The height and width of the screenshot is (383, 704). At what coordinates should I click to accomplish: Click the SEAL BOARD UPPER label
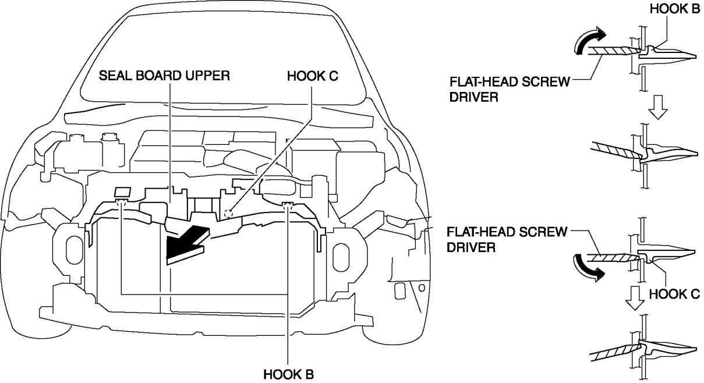(x=165, y=76)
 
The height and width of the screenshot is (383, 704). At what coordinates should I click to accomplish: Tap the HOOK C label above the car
(x=312, y=76)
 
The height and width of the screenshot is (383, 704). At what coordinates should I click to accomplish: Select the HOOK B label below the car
(x=288, y=373)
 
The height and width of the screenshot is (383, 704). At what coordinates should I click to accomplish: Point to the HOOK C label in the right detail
(x=673, y=295)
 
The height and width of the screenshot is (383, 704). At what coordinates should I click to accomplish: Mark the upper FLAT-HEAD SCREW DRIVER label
(x=510, y=88)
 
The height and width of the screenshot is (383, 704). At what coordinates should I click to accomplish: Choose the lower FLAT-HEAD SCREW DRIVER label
(x=507, y=240)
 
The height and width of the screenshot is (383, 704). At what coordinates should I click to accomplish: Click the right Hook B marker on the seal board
(x=287, y=204)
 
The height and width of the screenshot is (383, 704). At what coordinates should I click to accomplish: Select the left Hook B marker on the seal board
(x=121, y=202)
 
